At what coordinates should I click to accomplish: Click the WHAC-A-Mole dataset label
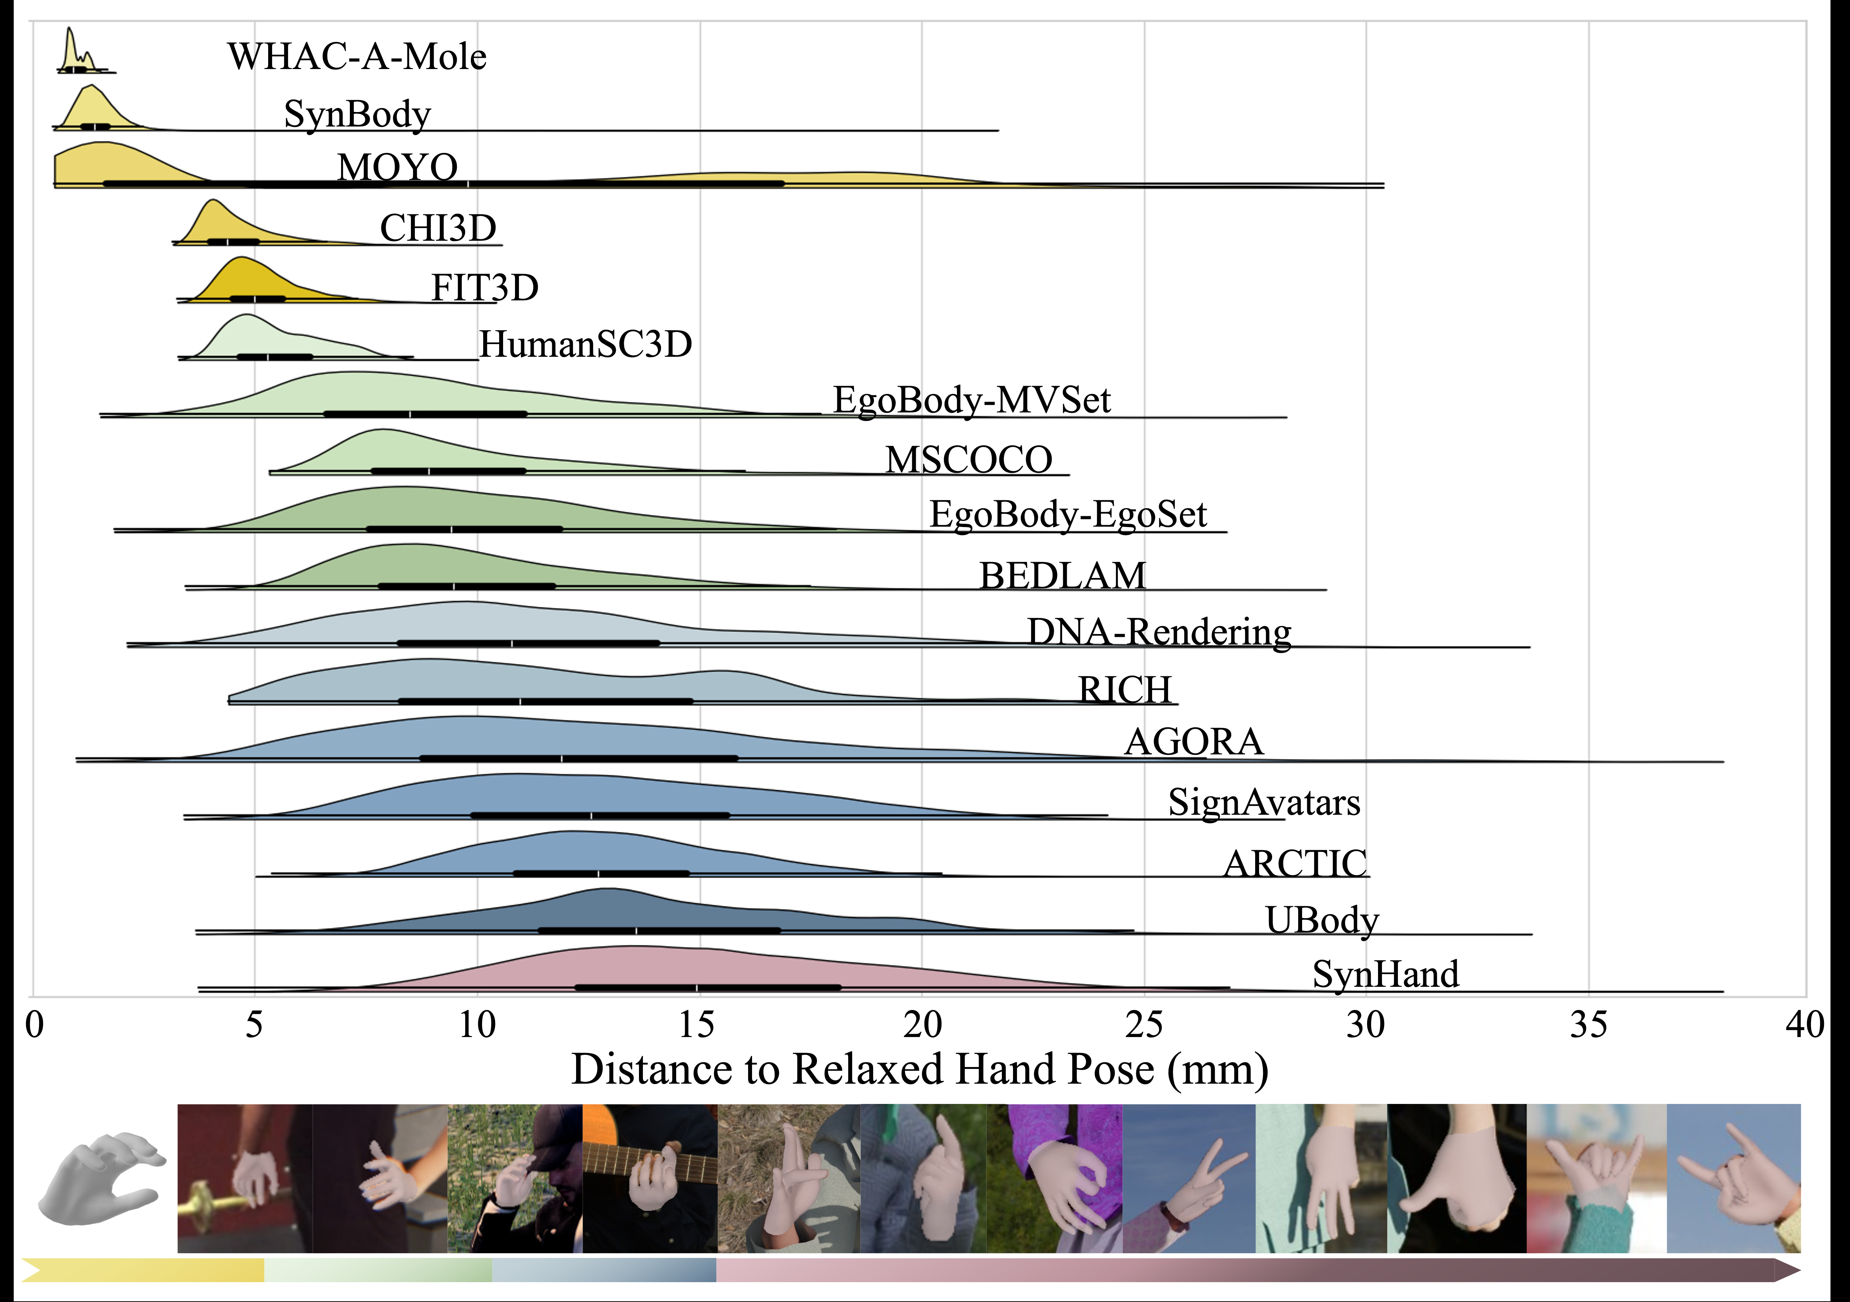(x=357, y=56)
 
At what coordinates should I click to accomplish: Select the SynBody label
(x=357, y=114)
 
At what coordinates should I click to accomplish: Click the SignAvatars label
(x=1263, y=802)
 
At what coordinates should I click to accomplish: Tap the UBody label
(x=1321, y=920)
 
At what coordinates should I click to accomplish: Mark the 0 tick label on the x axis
(x=34, y=1025)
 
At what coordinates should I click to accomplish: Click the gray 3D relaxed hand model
(x=101, y=1178)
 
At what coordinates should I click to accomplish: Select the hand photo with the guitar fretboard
(x=649, y=1178)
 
